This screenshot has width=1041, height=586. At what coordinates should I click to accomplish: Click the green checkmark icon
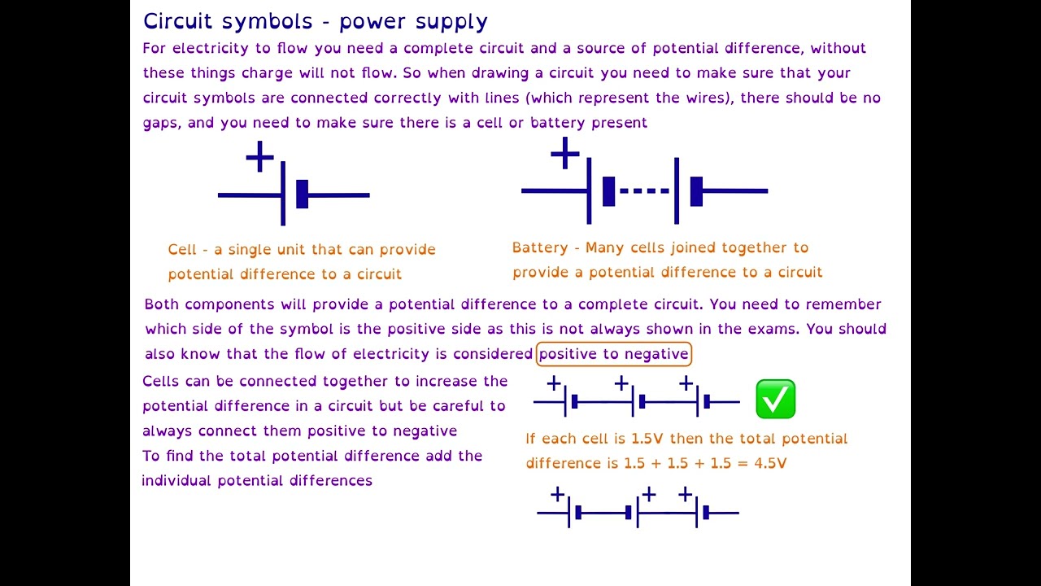(x=775, y=399)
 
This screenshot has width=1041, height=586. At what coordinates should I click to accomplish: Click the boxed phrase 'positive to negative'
(x=613, y=353)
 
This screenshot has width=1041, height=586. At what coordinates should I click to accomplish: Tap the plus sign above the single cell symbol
(x=259, y=156)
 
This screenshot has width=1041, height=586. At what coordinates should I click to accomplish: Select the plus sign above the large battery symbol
(x=564, y=153)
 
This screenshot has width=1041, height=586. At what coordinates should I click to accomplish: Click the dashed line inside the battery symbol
(x=643, y=191)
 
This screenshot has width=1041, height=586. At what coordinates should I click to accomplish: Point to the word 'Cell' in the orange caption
(x=182, y=250)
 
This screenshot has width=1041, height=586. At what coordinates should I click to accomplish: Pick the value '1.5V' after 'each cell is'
(x=647, y=439)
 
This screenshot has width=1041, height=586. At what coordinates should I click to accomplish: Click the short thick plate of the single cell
(x=302, y=195)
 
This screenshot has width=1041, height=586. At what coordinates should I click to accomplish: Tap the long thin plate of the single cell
(x=283, y=193)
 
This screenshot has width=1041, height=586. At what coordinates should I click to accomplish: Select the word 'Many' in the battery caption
(x=603, y=247)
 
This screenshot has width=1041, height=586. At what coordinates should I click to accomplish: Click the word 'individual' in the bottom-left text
(x=176, y=481)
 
